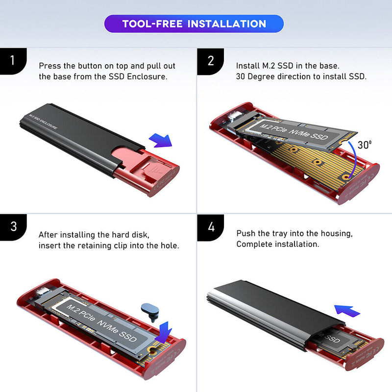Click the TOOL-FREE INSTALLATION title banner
pos(194,24)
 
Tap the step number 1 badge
pos(13,61)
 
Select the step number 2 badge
pos(211,61)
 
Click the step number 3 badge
pos(13,227)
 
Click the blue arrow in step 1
pos(160,140)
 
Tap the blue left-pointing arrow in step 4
pos(347,310)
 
